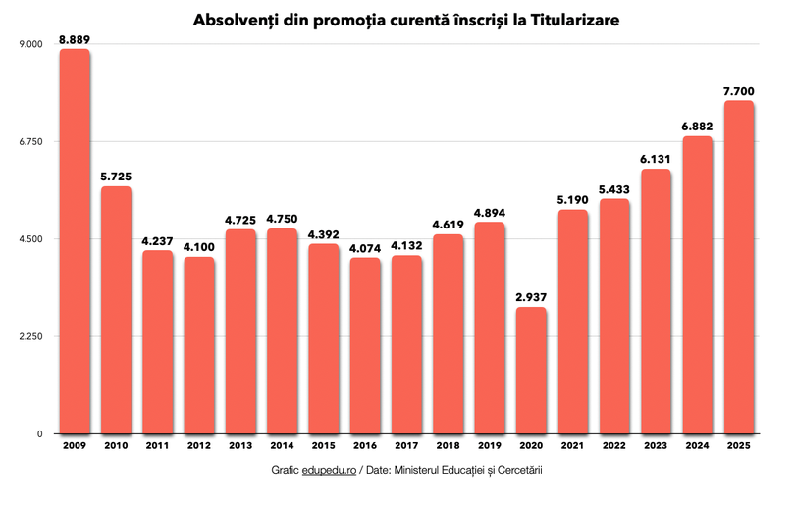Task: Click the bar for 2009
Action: (75, 241)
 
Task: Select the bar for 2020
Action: (531, 371)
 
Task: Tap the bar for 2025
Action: (738, 267)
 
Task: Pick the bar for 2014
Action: (282, 330)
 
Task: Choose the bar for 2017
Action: (406, 344)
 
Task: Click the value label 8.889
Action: (75, 39)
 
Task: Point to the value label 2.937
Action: (531, 297)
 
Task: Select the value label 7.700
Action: (738, 91)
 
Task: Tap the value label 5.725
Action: (116, 177)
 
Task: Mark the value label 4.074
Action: (365, 248)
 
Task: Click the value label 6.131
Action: (656, 159)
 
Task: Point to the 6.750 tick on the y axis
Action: (32, 142)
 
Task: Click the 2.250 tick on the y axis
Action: (32, 337)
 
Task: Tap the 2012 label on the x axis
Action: (199, 446)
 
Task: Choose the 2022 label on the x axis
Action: (614, 446)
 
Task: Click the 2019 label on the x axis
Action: (490, 446)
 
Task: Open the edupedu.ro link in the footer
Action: (331, 471)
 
